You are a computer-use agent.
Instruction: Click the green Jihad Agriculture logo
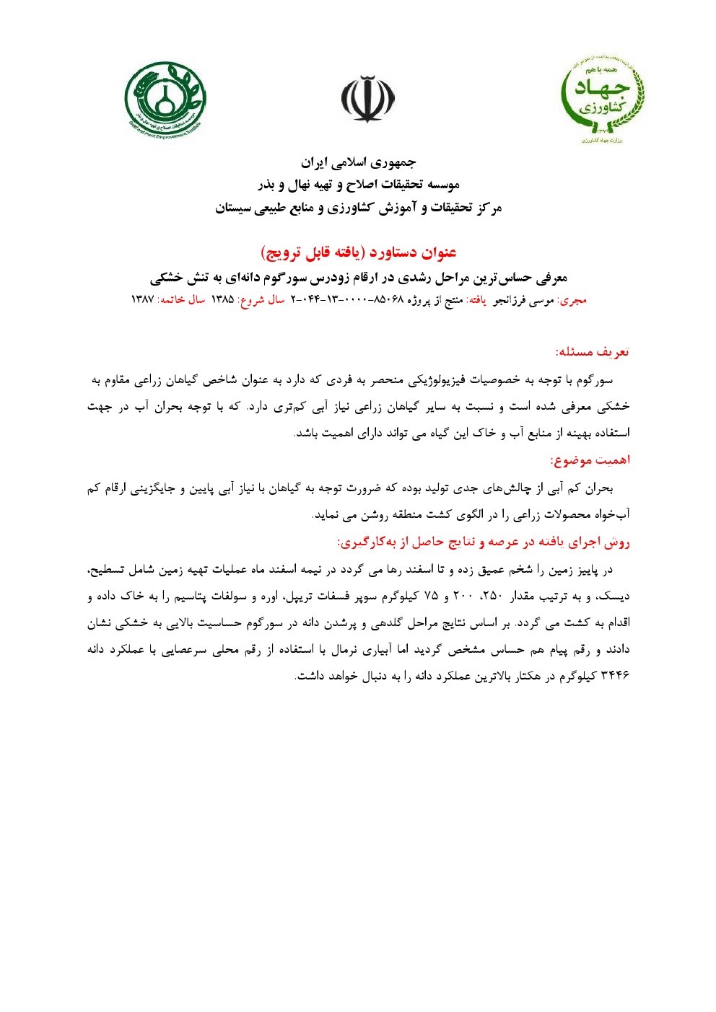(x=603, y=100)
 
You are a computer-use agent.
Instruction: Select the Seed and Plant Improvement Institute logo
(x=165, y=100)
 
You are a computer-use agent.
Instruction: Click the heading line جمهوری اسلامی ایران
(x=358, y=162)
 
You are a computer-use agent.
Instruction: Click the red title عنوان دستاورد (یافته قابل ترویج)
(x=358, y=252)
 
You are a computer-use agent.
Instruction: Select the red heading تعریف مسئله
(x=593, y=352)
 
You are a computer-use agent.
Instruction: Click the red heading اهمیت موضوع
(x=590, y=460)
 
